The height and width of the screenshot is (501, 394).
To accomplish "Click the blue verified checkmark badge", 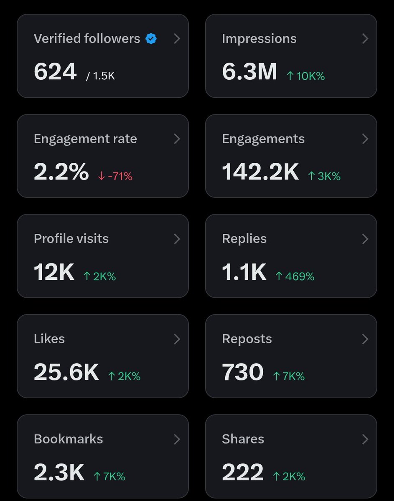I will (x=151, y=39).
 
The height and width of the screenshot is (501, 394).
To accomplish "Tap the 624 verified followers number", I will (x=55, y=71).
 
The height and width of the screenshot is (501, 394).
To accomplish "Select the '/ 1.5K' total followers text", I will (x=100, y=76).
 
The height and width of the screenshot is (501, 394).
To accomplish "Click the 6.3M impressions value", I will (x=249, y=71).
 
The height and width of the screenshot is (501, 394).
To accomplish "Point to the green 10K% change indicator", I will (x=305, y=76).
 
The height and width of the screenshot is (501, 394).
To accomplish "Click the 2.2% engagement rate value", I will (x=61, y=172).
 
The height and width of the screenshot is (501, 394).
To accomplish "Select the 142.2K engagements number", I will (x=260, y=172).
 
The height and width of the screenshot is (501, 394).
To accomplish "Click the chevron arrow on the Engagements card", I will (x=365, y=139).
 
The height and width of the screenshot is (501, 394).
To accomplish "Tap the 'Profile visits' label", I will (x=71, y=239).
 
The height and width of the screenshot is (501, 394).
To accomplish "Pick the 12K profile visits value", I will (x=54, y=272).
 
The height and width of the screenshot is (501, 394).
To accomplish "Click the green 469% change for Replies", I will (x=295, y=276).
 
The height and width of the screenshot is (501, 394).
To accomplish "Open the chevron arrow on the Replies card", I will (x=365, y=239).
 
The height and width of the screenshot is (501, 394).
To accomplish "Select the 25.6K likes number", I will (x=66, y=372).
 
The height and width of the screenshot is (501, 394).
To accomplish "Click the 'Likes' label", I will (x=49, y=339).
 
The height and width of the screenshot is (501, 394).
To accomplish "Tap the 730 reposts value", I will (x=243, y=372).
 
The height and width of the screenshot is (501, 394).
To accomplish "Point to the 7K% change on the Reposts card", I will (x=289, y=377).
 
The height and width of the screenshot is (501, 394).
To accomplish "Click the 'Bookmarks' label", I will (x=68, y=439).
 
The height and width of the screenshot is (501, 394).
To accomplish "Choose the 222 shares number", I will (x=243, y=472).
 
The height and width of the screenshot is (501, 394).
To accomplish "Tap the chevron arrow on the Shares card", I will (x=365, y=439).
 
